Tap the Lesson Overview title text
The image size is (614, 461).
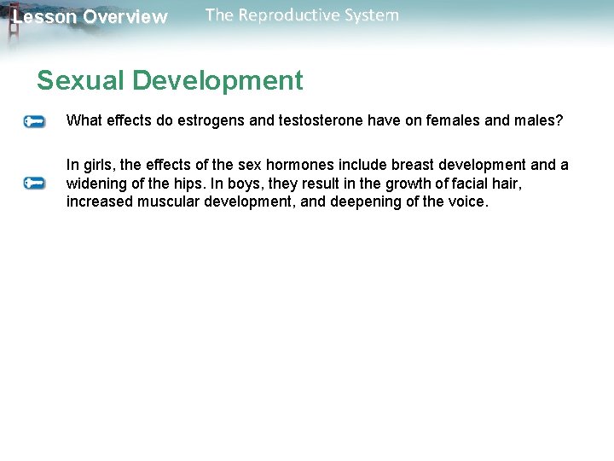tap(90, 17)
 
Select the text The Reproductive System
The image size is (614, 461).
tap(302, 15)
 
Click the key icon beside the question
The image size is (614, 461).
tap(34, 122)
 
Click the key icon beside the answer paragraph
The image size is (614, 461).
tap(34, 184)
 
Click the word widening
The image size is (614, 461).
tap(96, 184)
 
